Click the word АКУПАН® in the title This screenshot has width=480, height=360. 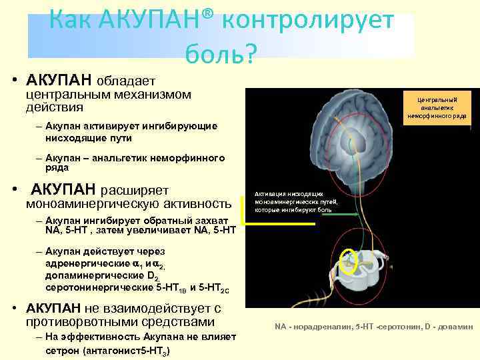point(157,21)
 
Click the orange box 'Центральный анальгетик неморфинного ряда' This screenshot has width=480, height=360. point(437,107)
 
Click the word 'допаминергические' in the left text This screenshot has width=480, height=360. point(90,275)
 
